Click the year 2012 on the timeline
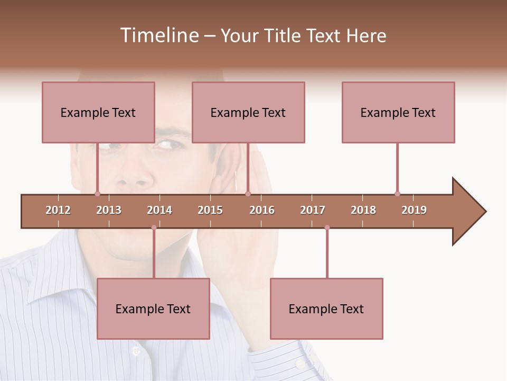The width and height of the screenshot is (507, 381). point(58,210)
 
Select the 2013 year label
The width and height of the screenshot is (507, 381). point(109,210)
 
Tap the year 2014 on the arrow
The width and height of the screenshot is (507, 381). point(159,210)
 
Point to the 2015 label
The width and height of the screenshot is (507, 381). point(210,210)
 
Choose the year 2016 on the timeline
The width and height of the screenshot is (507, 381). point(262,210)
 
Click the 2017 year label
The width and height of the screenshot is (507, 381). point(313,210)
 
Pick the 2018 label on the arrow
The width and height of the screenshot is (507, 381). point(363,210)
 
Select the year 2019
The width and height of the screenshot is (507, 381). point(414,210)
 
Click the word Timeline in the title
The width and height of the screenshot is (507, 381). point(158,35)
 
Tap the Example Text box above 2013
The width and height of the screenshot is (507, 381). point(98,112)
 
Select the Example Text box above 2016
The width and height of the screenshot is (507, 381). point(248,112)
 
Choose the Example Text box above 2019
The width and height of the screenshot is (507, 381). point(398,112)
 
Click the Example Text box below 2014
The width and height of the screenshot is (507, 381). point(153,309)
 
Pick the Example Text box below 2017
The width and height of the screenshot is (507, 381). point(326,309)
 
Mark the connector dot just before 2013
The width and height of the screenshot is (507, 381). point(97,194)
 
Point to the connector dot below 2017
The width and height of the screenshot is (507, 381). point(327,228)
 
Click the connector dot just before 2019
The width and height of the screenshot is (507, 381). point(397,194)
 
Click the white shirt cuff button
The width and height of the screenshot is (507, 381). point(300,364)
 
